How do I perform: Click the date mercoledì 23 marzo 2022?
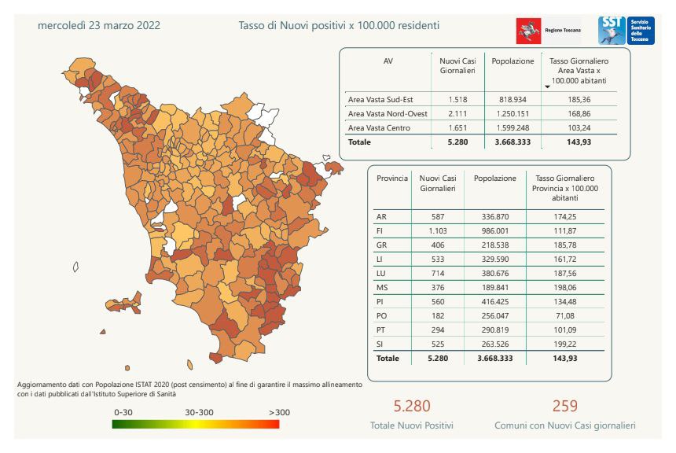pyautogui.click(x=99, y=25)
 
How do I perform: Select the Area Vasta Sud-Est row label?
pyautogui.click(x=380, y=100)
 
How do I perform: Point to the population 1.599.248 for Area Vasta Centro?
pyautogui.click(x=513, y=127)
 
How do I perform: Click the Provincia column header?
pyautogui.click(x=392, y=179)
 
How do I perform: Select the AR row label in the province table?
pyautogui.click(x=381, y=216)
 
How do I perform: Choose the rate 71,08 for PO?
pyautogui.click(x=566, y=315)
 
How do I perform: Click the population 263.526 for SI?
pyautogui.click(x=495, y=344)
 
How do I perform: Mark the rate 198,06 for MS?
pyautogui.click(x=566, y=287)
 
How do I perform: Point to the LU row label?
pyautogui.click(x=382, y=273)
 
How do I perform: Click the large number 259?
pyautogui.click(x=565, y=406)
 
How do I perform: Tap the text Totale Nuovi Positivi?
pyautogui.click(x=412, y=425)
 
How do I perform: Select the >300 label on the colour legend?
pyautogui.click(x=280, y=411)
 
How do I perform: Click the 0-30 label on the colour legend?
pyautogui.click(x=123, y=411)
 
